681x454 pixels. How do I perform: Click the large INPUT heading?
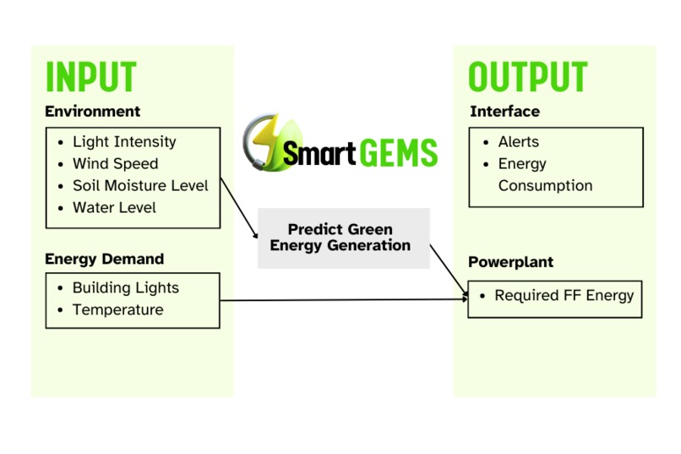(x=90, y=77)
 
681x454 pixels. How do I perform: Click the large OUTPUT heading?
(x=527, y=77)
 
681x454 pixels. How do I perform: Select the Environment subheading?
(x=92, y=112)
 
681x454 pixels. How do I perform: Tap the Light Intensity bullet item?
(x=123, y=142)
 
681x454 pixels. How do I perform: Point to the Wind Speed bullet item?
(x=115, y=164)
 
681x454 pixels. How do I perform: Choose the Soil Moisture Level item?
(x=139, y=186)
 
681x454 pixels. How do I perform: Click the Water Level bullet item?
(x=114, y=208)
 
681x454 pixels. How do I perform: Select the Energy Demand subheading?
(x=104, y=259)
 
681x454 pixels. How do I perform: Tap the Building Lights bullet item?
(x=125, y=288)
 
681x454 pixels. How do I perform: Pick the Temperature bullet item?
(x=117, y=310)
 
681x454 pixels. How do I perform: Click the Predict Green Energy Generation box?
(x=343, y=238)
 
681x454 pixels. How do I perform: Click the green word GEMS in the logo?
(x=398, y=153)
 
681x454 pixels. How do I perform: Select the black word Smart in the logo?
(x=319, y=154)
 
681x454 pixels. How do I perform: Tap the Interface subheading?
(x=504, y=112)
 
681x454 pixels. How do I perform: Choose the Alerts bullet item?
(x=518, y=142)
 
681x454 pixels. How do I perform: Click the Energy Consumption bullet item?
(x=544, y=174)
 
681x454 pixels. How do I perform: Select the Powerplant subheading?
(x=511, y=262)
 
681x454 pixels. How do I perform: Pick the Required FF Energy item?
(x=564, y=296)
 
